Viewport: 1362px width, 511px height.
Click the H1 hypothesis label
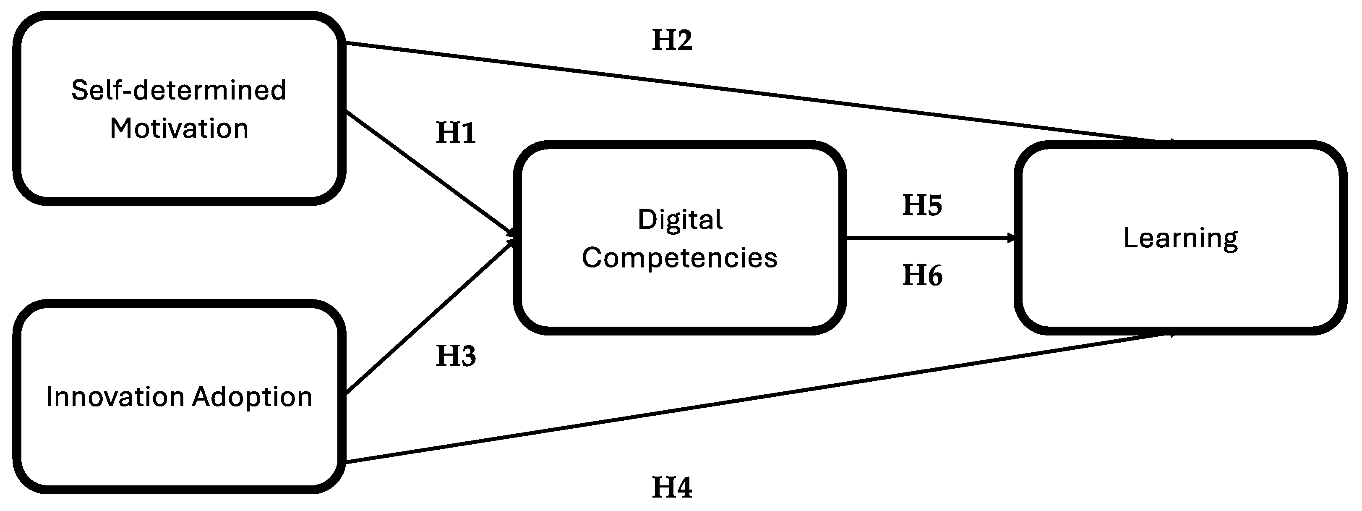click(x=456, y=133)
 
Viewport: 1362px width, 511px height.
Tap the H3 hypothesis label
click(x=456, y=356)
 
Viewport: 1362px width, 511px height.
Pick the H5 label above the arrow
click(x=922, y=205)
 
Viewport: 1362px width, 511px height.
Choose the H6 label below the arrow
click(x=922, y=275)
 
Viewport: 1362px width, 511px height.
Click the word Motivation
click(x=179, y=128)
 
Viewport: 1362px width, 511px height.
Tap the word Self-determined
click(x=179, y=90)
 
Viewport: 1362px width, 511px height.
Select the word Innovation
click(x=116, y=397)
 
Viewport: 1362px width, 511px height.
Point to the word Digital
click(x=680, y=220)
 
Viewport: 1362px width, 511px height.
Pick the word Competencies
click(x=680, y=258)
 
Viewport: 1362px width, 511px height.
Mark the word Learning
click(x=1181, y=238)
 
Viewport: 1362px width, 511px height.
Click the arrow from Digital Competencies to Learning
click(x=931, y=238)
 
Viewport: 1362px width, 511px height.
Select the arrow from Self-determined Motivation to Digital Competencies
click(x=428, y=173)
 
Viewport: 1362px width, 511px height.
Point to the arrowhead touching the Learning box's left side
click(x=1011, y=238)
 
